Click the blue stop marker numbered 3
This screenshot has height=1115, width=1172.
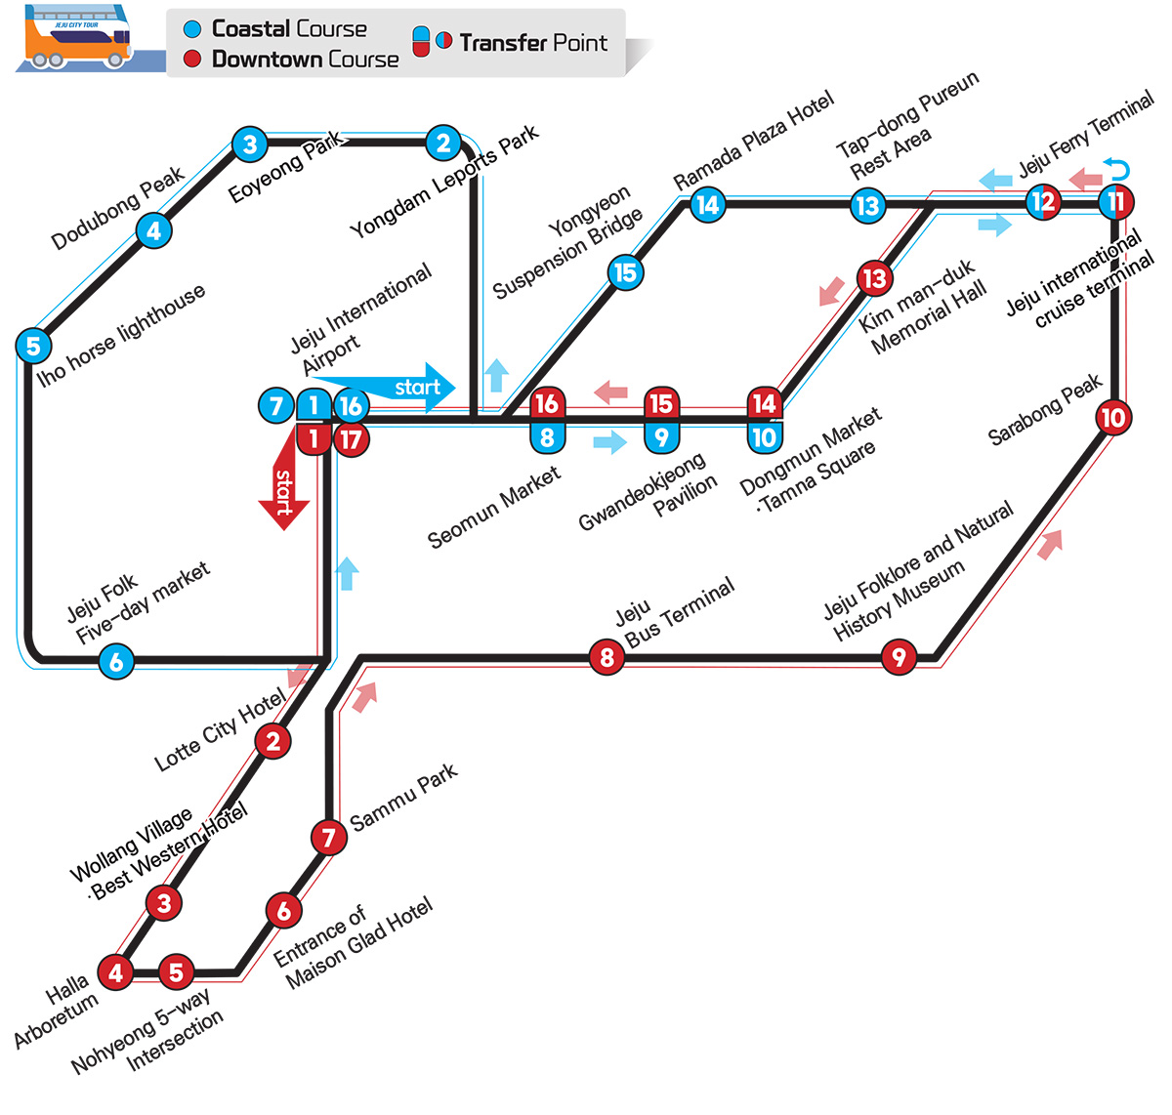[250, 145]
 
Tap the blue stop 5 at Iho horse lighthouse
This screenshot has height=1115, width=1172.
[33, 345]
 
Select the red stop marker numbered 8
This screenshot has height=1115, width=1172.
[607, 657]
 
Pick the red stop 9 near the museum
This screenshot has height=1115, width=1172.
[899, 657]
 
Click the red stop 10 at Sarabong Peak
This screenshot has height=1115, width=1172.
[1113, 418]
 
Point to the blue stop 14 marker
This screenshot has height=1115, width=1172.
[707, 205]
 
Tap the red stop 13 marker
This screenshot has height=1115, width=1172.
[874, 278]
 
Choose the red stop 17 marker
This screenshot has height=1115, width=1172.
[351, 439]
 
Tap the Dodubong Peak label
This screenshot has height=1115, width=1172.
[118, 207]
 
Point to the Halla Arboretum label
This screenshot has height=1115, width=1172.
[59, 1013]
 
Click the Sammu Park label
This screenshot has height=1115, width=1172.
[403, 797]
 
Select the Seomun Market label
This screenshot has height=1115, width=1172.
[494, 507]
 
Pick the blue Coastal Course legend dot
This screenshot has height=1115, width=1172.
[192, 29]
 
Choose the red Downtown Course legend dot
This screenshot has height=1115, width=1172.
[192, 59]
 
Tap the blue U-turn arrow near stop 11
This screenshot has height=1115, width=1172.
[1116, 168]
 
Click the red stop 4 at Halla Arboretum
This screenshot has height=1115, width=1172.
[115, 972]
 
